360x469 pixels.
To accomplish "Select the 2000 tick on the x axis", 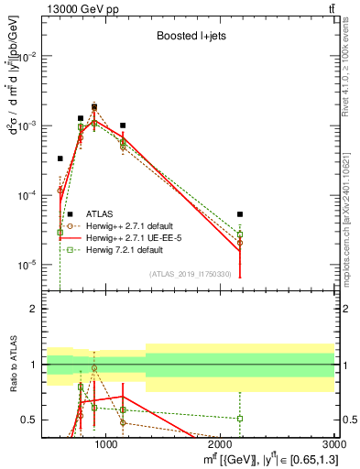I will click(x=220, y=444).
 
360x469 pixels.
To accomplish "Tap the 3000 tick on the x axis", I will click(x=333, y=444).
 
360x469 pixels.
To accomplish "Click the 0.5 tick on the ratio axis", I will click(x=30, y=420).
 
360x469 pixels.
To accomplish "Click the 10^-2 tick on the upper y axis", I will click(x=27, y=56).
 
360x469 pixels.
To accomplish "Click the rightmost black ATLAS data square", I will click(x=240, y=214).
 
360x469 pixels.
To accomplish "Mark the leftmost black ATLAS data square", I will click(x=60, y=158).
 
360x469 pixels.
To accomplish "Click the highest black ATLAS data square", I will click(x=94, y=106).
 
